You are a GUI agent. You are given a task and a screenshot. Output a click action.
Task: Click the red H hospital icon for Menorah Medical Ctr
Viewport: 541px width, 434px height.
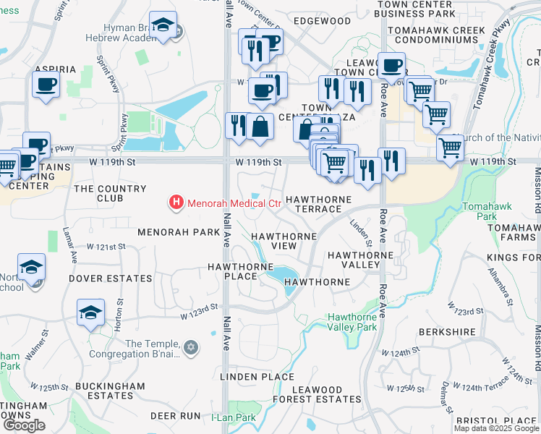point(174,203)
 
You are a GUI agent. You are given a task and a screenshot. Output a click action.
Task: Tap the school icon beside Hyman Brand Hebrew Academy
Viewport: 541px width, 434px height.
point(163,26)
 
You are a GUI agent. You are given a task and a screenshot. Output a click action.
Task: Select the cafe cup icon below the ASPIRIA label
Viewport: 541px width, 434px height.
point(46,85)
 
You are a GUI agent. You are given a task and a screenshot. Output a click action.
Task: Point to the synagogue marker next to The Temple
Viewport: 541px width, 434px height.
point(191,348)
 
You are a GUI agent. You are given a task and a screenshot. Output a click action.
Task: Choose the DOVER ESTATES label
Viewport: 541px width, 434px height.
point(111,278)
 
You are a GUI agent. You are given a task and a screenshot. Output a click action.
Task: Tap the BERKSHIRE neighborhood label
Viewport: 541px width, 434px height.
point(446,333)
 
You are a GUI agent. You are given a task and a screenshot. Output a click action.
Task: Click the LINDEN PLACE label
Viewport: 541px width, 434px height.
point(257,377)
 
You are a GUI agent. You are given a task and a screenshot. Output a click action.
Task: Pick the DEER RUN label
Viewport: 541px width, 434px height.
point(174,416)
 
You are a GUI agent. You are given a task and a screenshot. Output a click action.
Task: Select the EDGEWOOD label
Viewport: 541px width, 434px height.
point(322,22)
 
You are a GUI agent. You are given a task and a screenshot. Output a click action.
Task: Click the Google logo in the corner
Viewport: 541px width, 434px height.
point(25,425)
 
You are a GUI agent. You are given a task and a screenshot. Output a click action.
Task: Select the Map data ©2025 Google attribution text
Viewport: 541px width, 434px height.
point(495,428)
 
